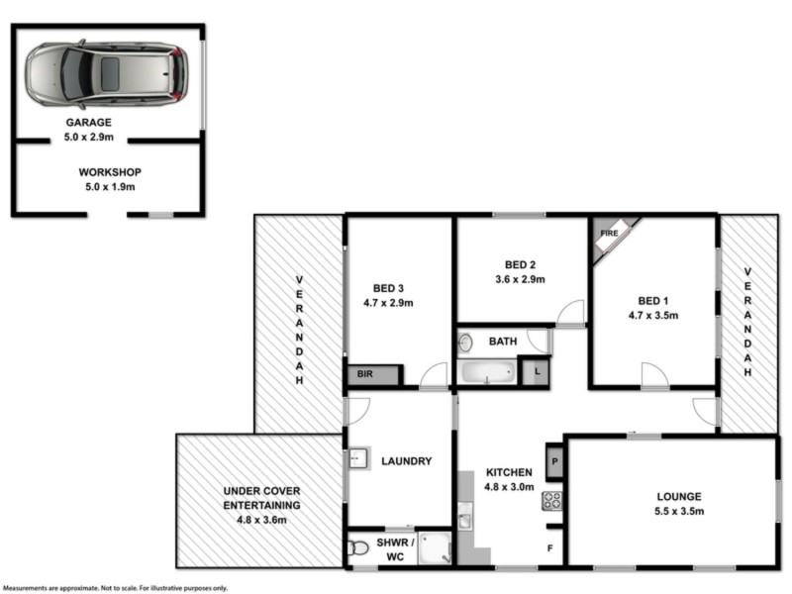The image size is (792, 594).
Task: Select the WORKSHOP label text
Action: click(109, 171)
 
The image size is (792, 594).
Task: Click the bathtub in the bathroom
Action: click(486, 373)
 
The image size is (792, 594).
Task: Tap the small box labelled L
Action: click(536, 371)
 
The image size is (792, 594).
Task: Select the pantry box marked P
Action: click(553, 460)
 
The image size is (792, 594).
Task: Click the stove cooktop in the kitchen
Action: click(551, 500)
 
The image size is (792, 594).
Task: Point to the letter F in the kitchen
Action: click(551, 547)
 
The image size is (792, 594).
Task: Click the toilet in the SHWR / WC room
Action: click(359, 546)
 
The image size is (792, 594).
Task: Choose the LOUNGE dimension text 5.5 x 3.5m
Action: click(678, 512)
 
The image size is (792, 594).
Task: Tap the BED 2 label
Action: click(520, 264)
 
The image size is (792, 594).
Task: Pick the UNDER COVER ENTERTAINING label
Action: click(261, 497)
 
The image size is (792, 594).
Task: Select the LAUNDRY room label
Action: click(406, 461)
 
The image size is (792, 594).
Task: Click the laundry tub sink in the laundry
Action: click(357, 460)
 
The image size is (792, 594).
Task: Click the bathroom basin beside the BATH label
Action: click(465, 343)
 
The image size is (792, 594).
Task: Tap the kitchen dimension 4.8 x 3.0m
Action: click(510, 487)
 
